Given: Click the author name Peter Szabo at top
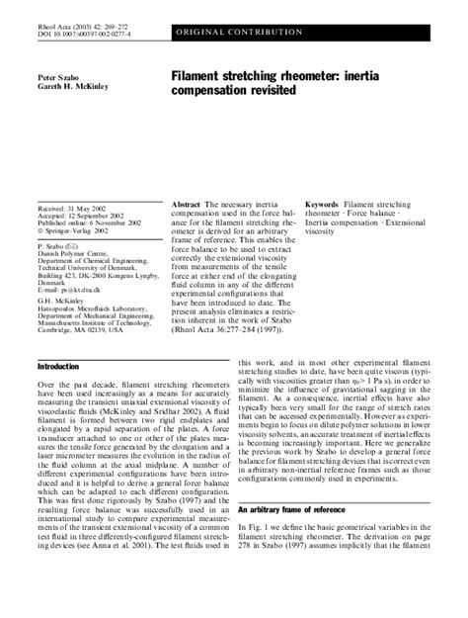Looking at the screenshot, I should (x=59, y=75).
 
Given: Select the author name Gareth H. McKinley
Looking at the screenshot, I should (x=72, y=86).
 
